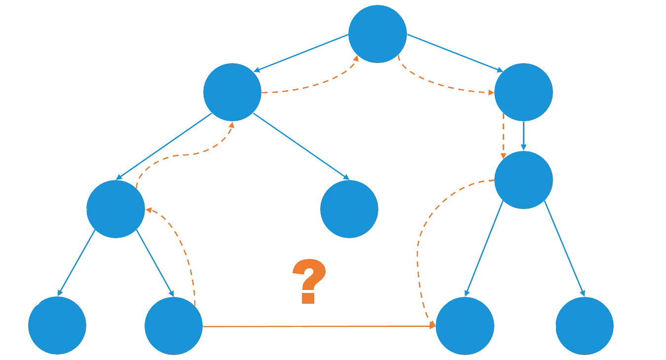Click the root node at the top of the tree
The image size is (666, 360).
click(x=377, y=34)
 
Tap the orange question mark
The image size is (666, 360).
click(x=309, y=281)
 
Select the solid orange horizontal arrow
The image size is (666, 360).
click(x=319, y=326)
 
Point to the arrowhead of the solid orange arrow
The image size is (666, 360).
click(x=433, y=326)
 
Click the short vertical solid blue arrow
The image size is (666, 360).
click(x=523, y=136)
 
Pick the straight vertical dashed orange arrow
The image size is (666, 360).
click(x=503, y=136)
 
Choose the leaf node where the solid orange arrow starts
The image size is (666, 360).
click(x=174, y=325)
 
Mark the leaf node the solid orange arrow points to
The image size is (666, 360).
click(x=465, y=325)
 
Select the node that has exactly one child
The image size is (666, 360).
click(x=523, y=92)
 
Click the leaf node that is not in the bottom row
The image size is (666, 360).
click(x=349, y=209)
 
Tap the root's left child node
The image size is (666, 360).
click(x=232, y=92)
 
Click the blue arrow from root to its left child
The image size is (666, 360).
click(x=301, y=53)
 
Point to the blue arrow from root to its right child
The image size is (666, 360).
click(x=455, y=53)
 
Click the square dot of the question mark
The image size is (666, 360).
click(x=308, y=298)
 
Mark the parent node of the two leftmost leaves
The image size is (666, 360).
click(x=115, y=209)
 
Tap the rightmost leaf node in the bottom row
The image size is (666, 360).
click(x=585, y=325)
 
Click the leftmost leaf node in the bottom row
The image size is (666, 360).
click(x=57, y=325)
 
